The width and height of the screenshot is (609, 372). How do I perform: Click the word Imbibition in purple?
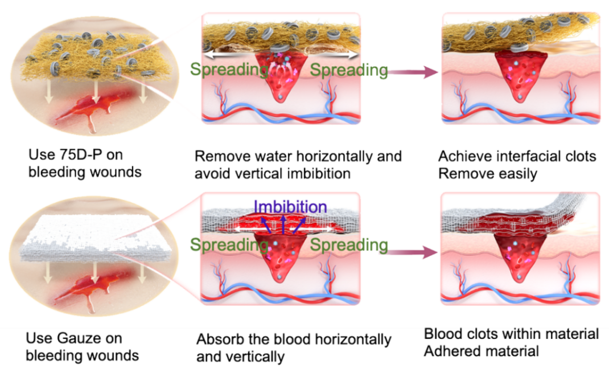coord(290,207)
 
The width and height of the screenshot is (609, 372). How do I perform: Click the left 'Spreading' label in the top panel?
coord(229,71)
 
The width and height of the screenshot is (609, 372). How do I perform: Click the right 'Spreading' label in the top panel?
coord(349,71)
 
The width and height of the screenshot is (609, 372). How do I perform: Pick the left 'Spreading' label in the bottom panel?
coord(229,245)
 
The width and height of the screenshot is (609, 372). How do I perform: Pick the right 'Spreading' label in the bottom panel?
coord(349,245)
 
